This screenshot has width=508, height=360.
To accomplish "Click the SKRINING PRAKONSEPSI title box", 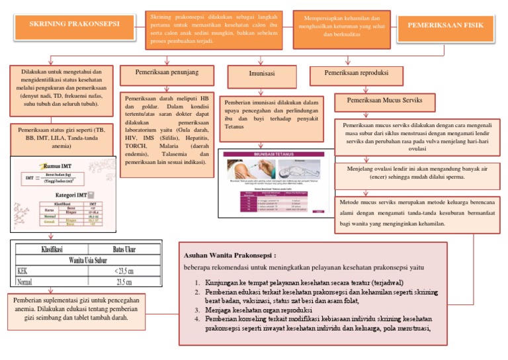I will click(x=75, y=25).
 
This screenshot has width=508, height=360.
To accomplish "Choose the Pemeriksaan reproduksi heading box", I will click(x=357, y=73).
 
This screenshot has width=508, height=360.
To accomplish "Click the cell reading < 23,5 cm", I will click(x=122, y=270).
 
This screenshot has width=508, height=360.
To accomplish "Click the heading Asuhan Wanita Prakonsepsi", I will click(x=230, y=255).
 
